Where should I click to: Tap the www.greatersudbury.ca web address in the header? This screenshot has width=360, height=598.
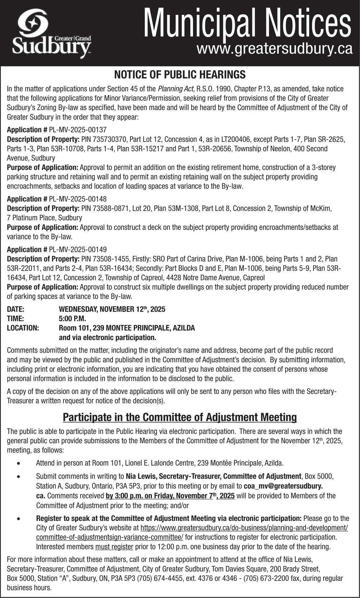(274, 49)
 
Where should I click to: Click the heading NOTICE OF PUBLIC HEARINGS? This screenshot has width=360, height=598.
(180, 74)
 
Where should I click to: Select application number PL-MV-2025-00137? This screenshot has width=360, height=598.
(78, 130)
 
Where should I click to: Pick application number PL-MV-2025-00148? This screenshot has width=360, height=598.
(78, 199)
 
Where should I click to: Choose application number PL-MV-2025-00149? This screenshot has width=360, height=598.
(78, 249)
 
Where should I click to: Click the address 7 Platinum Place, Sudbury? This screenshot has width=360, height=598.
(45, 218)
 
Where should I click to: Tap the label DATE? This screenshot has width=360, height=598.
(15, 309)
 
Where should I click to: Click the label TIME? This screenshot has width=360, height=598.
(15, 318)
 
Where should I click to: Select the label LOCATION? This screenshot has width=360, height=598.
(23, 328)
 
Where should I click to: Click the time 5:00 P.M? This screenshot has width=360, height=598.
(72, 318)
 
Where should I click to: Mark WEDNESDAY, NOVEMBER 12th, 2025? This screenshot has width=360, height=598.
(112, 309)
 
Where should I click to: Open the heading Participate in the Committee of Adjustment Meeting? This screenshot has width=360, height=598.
(180, 417)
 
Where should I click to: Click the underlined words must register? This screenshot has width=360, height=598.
(114, 547)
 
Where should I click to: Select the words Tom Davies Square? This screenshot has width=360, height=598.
(237, 569)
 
